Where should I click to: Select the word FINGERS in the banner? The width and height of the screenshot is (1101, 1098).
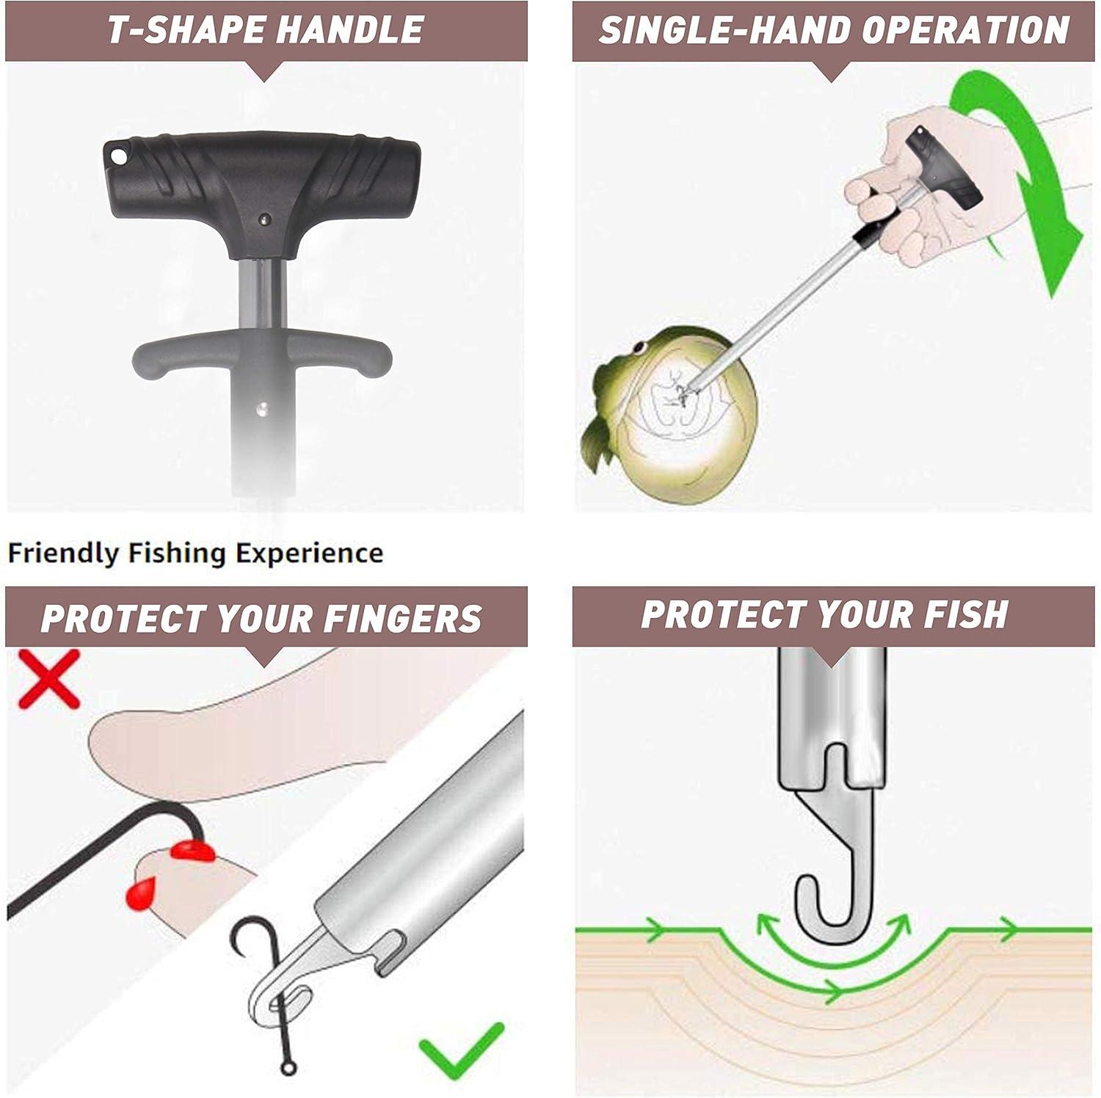[x=402, y=618]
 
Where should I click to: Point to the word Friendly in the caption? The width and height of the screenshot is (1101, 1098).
[x=63, y=553]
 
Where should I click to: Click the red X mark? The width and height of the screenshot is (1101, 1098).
[x=49, y=679]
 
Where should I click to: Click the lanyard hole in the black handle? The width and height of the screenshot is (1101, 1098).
[x=117, y=157]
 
